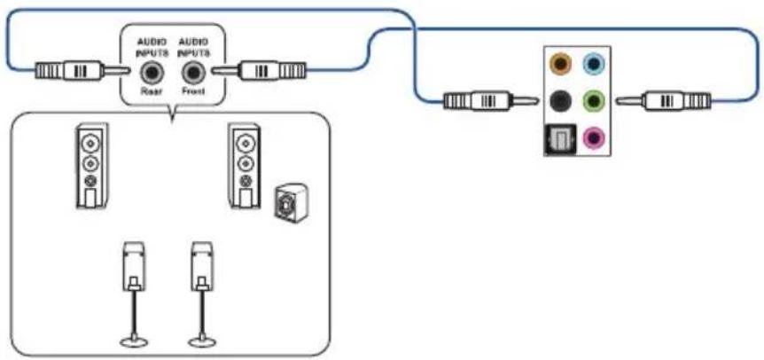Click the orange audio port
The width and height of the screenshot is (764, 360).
coord(561,63)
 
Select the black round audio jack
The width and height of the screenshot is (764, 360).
coord(561,101)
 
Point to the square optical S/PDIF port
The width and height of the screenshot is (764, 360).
coord(560,139)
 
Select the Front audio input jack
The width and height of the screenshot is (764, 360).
coord(192,74)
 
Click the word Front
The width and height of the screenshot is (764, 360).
coord(192,91)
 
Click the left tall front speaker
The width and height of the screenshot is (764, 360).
coord(91,166)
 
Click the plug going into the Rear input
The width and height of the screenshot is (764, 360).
coord(82,71)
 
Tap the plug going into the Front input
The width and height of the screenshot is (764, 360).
coord(259,71)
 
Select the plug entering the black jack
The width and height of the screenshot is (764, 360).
coord(491,101)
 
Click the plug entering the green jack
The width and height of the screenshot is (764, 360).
coord(663,101)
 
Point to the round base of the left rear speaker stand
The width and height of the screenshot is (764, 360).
coord(134,341)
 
